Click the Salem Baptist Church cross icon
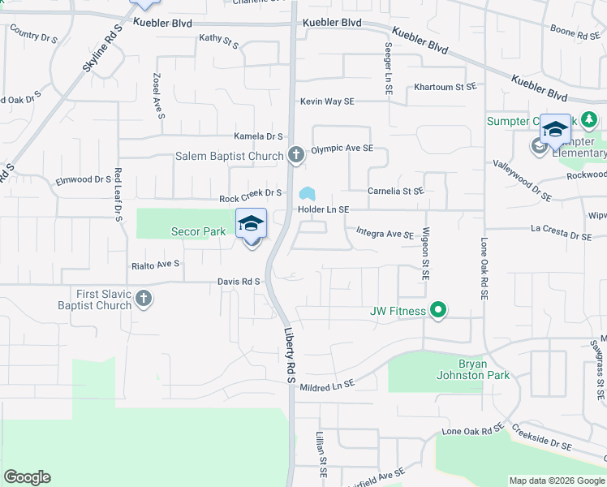[x=296, y=154]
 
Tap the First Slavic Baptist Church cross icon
[x=143, y=299]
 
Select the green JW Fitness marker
[x=438, y=310]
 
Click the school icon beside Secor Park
[x=252, y=223]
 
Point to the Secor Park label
[x=198, y=231]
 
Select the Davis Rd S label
[x=238, y=281]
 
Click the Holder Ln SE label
[x=323, y=209]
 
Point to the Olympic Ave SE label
[x=342, y=149]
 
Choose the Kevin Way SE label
[x=327, y=101]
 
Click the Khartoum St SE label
[x=444, y=87]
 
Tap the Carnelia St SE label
[x=396, y=192]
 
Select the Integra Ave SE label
[x=385, y=234]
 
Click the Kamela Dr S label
[x=258, y=136]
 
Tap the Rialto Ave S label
[x=155, y=265]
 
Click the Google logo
[x=27, y=477]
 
